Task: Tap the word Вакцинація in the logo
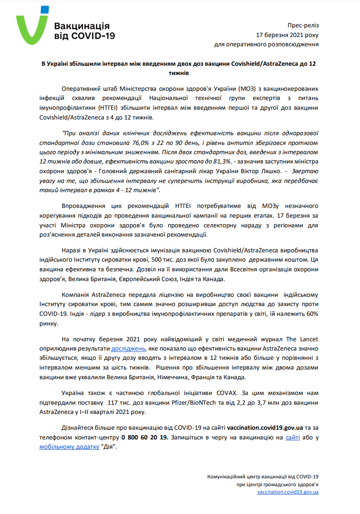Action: pyautogui.click(x=82, y=26)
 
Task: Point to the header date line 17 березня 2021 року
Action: pyautogui.click(x=288, y=35)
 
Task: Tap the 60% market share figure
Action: pyautogui.click(x=311, y=313)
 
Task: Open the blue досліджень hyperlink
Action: pyautogui.click(x=128, y=348)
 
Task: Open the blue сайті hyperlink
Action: pyautogui.click(x=293, y=438)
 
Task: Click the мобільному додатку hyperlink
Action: pyautogui.click(x=69, y=447)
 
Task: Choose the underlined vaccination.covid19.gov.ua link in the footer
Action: pyautogui.click(x=288, y=492)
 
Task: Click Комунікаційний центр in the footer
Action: pyautogui.click(x=232, y=476)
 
